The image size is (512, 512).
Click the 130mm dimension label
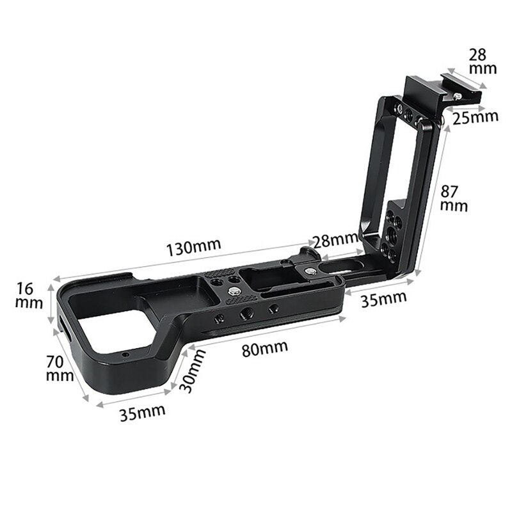point(193,248)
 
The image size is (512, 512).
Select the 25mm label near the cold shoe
point(476,117)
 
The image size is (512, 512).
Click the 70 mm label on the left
point(60,369)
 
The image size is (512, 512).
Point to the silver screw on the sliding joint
point(310,272)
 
